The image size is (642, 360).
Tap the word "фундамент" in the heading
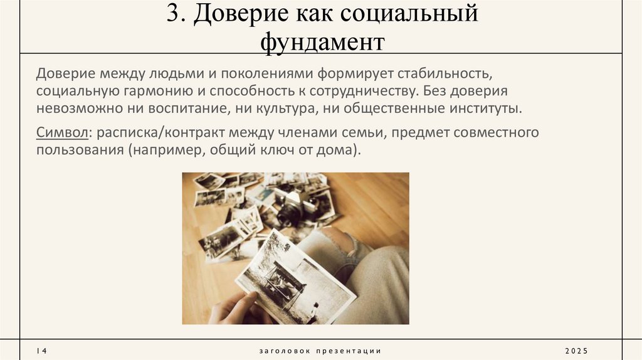point(321,43)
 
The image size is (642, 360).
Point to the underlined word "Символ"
point(62,133)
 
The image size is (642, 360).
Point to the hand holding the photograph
point(235,309)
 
